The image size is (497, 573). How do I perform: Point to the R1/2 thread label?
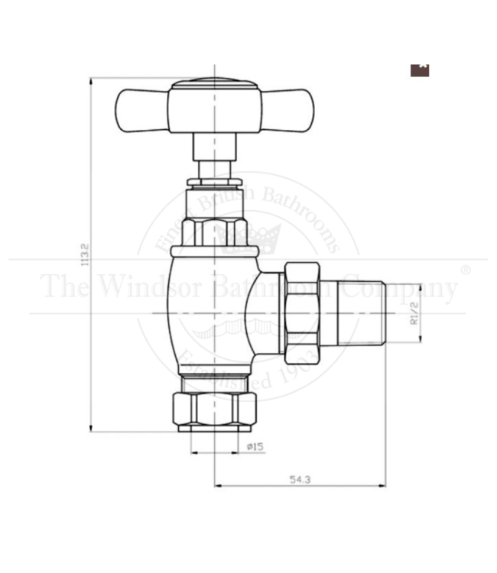pos(414,312)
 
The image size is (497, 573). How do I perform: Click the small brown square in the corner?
pos(421,69)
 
